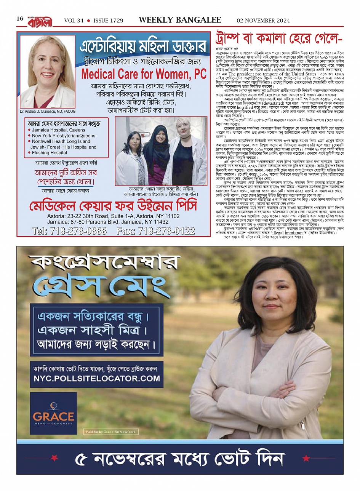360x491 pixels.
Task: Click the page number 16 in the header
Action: (x=20, y=19)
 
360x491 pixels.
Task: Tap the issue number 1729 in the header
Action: (x=115, y=21)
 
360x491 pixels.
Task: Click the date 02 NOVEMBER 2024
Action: (x=263, y=21)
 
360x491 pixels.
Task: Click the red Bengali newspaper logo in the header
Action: (x=39, y=22)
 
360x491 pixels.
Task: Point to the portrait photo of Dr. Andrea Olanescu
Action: (x=48, y=71)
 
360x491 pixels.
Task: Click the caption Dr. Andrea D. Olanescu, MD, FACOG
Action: (x=48, y=112)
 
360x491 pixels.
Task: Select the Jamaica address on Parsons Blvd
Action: (x=108, y=222)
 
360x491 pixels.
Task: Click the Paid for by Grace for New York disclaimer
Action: (x=110, y=432)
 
